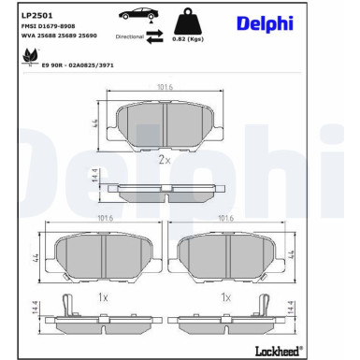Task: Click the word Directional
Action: click(x=130, y=36)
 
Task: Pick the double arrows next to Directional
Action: click(x=155, y=36)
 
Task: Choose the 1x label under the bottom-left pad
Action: click(x=104, y=296)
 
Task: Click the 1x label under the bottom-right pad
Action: click(x=225, y=296)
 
